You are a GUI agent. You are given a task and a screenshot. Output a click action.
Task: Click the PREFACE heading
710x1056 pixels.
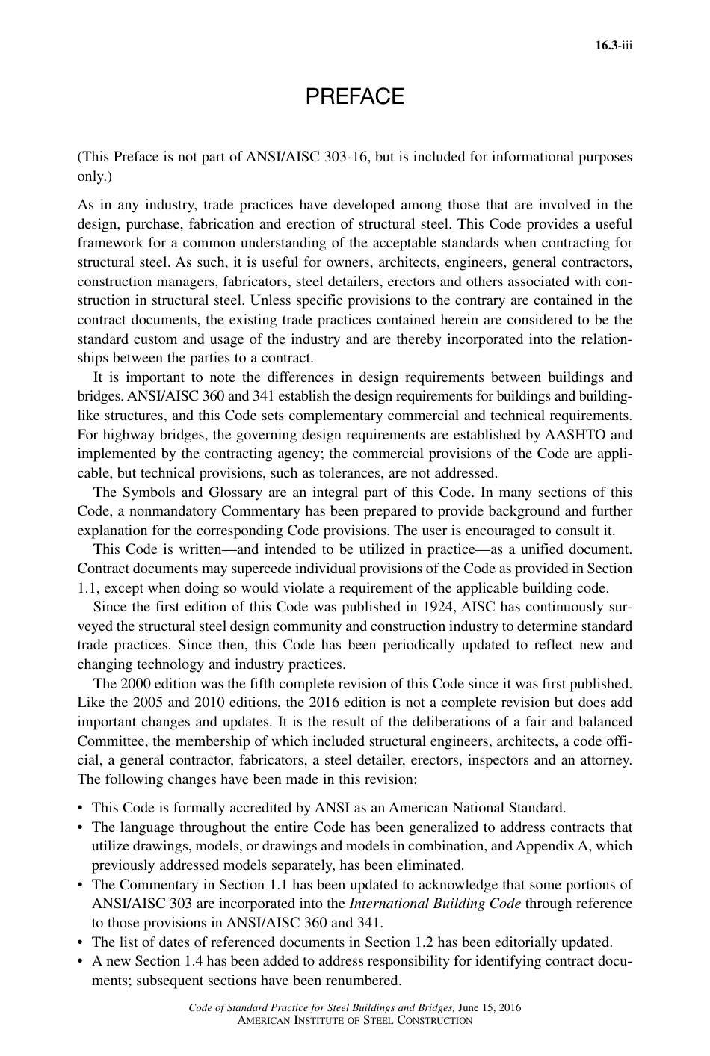[355, 97]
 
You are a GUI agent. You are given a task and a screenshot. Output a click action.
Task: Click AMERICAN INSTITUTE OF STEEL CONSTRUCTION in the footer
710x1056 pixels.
[354, 1020]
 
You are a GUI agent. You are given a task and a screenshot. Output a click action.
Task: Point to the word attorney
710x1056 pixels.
[605, 760]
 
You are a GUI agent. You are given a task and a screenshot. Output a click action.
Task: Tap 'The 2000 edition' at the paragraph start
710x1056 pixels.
[138, 684]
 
